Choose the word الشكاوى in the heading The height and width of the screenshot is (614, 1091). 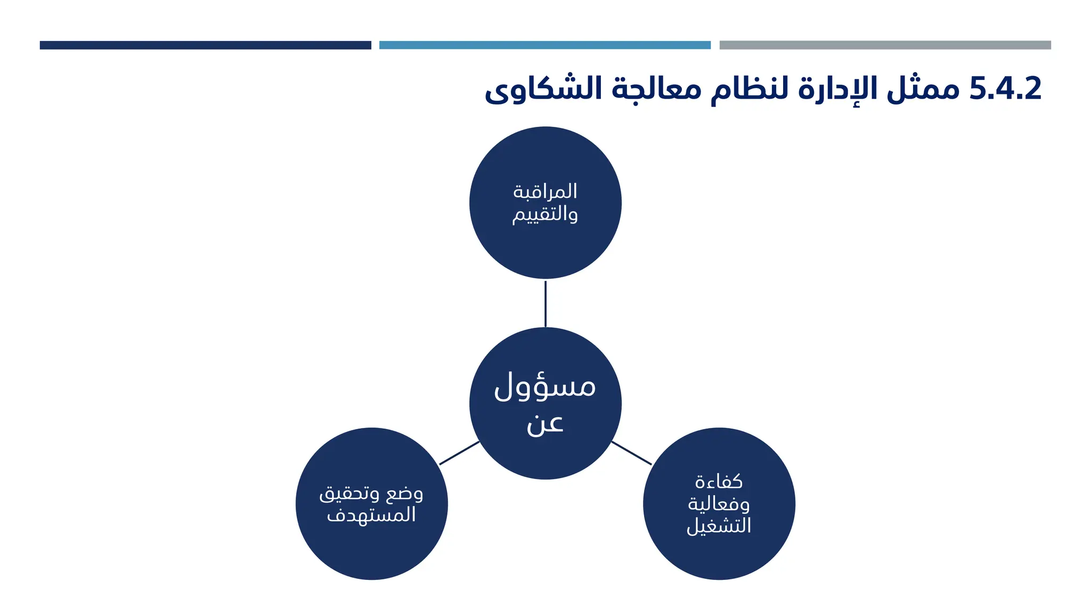click(x=543, y=88)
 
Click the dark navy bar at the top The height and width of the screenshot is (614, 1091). click(x=205, y=45)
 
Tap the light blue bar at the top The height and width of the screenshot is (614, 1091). click(x=544, y=45)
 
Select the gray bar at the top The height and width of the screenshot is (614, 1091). click(x=885, y=45)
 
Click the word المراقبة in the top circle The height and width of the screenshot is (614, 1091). click(x=545, y=191)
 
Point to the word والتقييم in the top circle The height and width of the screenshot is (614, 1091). click(x=545, y=214)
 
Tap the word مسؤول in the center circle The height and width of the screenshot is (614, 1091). click(x=545, y=386)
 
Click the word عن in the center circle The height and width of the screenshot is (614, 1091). click(x=545, y=424)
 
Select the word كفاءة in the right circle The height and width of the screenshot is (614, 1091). click(x=719, y=482)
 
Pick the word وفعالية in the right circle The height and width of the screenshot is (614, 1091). click(x=719, y=504)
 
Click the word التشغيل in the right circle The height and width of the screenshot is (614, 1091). click(x=719, y=526)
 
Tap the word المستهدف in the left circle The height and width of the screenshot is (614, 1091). click(x=371, y=515)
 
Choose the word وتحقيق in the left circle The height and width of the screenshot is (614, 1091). click(x=349, y=493)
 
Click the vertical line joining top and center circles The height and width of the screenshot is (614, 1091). click(x=545, y=303)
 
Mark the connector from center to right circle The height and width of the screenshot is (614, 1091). click(x=631, y=453)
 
